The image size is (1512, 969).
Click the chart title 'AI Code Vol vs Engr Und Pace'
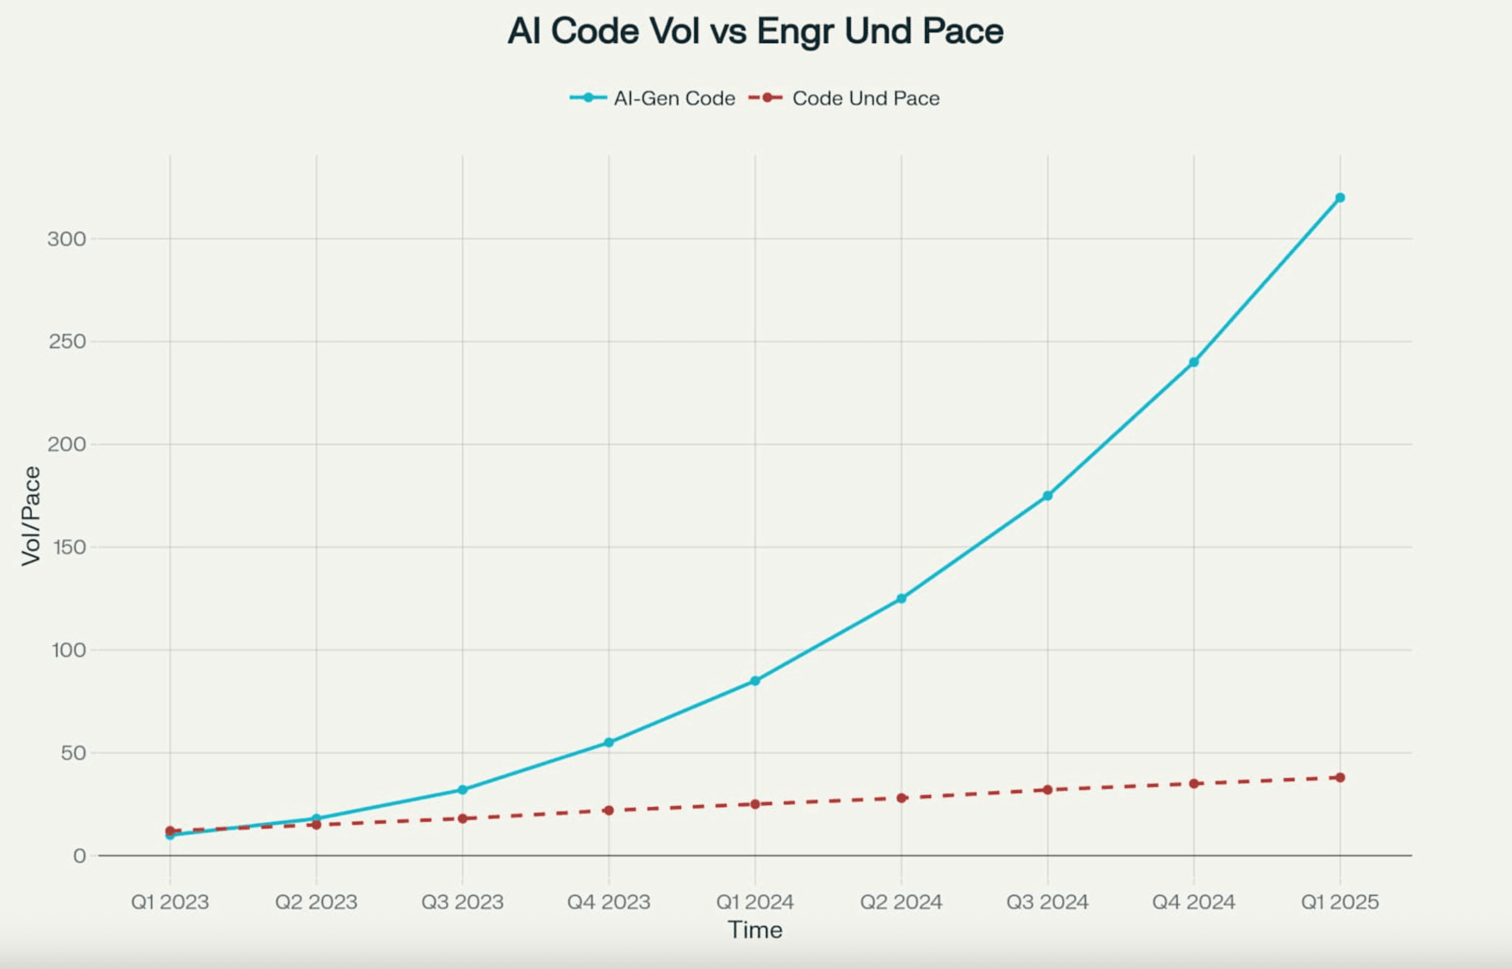tap(755, 31)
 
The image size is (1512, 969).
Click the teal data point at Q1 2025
tap(1340, 198)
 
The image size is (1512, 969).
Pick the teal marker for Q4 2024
tap(1193, 362)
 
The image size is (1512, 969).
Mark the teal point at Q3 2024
tap(1048, 495)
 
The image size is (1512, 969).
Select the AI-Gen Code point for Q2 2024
tap(901, 598)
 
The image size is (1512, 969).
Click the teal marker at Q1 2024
tap(755, 681)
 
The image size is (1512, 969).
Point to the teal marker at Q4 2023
tap(608, 742)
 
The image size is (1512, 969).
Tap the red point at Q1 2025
tap(1340, 778)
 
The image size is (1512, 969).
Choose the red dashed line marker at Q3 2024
tap(1048, 790)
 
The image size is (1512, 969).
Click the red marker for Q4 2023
tap(608, 811)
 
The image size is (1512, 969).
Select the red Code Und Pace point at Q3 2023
tap(463, 819)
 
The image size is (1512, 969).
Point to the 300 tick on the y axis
tap(67, 239)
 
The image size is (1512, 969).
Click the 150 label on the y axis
tap(69, 547)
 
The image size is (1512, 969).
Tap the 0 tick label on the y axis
tap(79, 856)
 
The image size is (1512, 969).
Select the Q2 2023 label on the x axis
tap(316, 902)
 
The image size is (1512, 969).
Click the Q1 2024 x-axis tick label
tap(755, 902)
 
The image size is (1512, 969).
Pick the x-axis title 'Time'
tap(755, 930)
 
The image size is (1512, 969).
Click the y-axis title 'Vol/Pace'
tap(30, 516)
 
